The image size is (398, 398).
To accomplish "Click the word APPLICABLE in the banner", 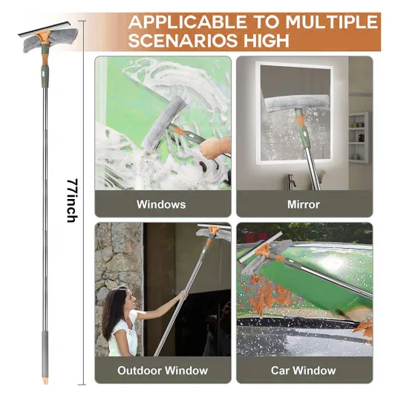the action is (187, 22).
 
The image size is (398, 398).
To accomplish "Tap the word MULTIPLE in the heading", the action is (332, 22).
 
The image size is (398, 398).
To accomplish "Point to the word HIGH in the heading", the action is (267, 40).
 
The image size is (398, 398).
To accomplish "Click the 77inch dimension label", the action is (72, 200).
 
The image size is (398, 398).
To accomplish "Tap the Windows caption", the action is (161, 204).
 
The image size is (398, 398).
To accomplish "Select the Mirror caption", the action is (303, 204).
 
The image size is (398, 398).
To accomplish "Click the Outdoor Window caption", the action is (163, 371).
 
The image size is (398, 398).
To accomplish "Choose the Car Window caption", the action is (303, 371).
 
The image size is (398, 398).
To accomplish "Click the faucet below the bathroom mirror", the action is (291, 180).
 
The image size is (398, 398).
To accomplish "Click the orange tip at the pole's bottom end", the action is (45, 381).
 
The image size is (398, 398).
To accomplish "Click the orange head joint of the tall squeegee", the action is (43, 36).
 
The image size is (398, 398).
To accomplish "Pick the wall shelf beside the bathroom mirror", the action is (358, 137).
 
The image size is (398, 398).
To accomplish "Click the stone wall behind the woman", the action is (119, 264).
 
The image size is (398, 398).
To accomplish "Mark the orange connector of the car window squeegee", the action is (262, 251).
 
